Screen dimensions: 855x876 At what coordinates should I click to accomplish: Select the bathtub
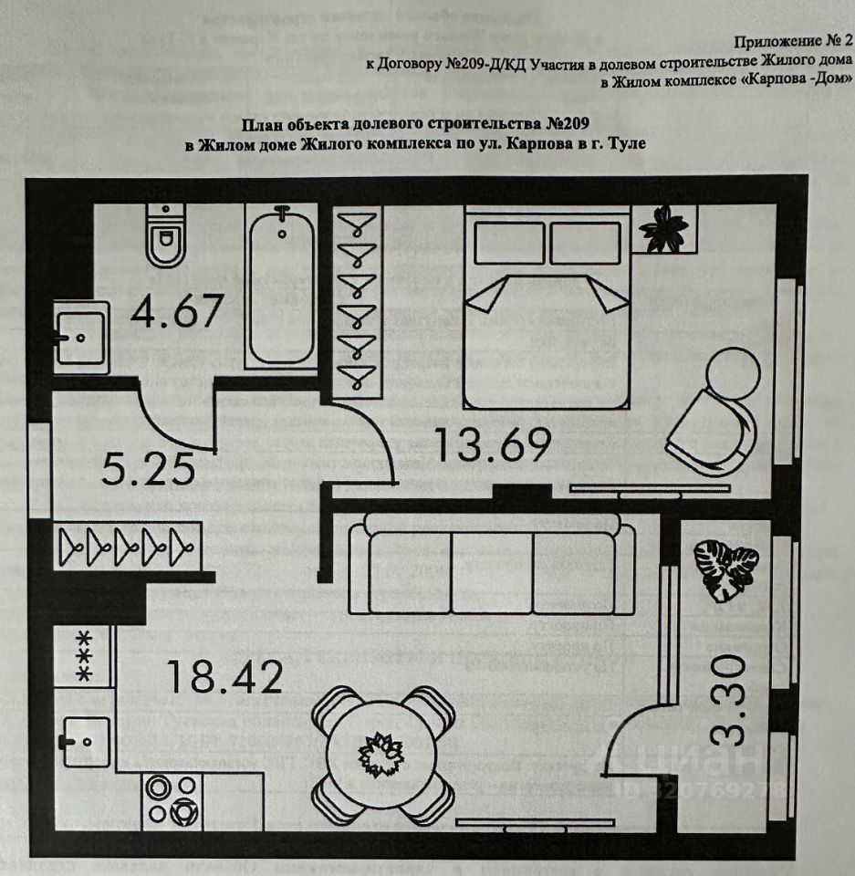[281, 285]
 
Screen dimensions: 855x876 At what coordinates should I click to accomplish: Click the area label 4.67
[176, 310]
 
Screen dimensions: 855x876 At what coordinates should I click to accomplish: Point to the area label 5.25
[150, 469]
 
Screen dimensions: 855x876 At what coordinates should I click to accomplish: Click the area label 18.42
[224, 677]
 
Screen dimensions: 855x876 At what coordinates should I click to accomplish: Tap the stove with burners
[172, 798]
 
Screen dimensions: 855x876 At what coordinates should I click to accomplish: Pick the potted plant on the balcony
[725, 569]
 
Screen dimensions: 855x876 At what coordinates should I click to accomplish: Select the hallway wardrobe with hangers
[127, 547]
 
